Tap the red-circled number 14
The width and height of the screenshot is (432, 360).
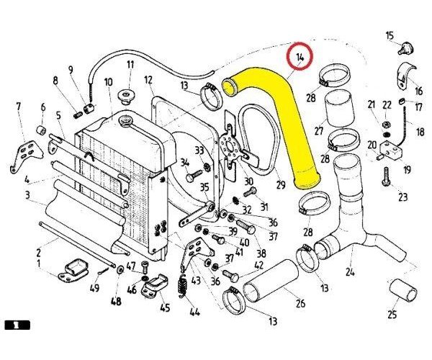click(x=299, y=57)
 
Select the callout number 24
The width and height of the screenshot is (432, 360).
click(x=350, y=273)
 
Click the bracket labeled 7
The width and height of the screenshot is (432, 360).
click(x=24, y=155)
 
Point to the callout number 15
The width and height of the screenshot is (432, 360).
click(x=390, y=35)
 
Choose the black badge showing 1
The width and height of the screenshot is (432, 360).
click(x=17, y=325)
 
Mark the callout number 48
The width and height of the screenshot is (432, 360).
click(x=115, y=301)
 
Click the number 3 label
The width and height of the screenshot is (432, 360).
click(x=26, y=195)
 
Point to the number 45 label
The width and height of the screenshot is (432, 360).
click(x=165, y=308)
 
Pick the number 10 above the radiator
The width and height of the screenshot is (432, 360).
click(x=108, y=81)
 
